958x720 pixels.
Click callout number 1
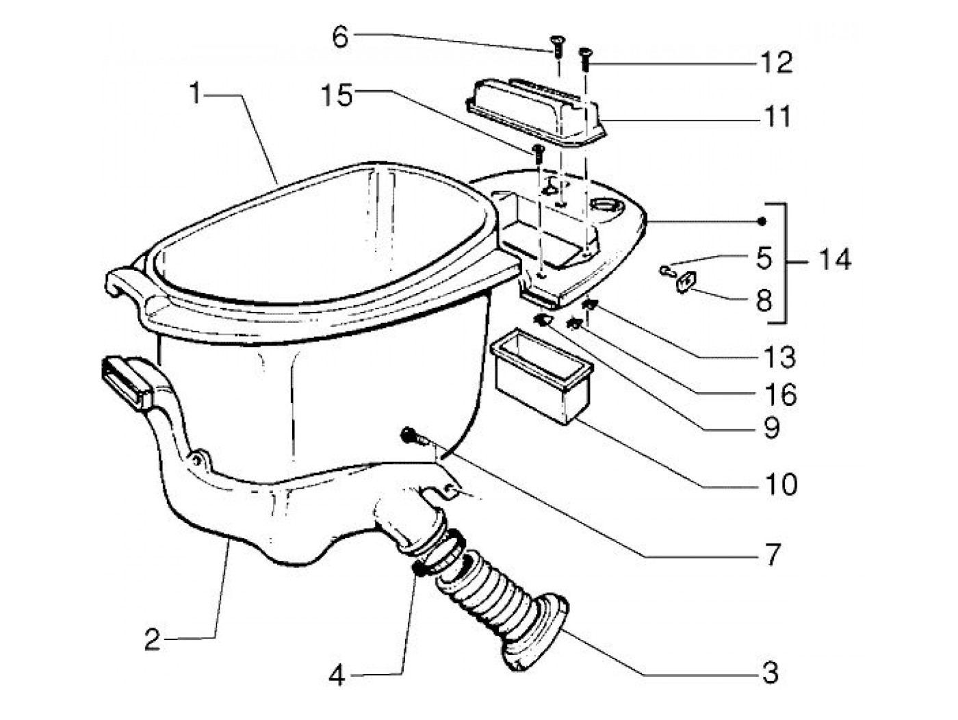tap(196, 93)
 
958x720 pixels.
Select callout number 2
tap(152, 640)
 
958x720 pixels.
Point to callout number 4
tap(336, 676)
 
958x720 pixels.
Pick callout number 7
tap(773, 554)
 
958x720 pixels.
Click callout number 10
tap(780, 485)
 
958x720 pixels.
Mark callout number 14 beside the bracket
tap(834, 260)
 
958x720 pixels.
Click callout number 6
tap(341, 37)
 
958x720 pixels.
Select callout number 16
tap(780, 394)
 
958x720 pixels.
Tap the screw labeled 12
tap(584, 57)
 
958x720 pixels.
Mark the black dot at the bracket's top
tap(761, 220)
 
